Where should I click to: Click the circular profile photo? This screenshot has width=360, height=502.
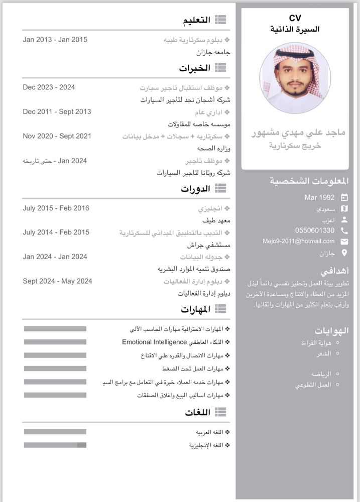(295, 78)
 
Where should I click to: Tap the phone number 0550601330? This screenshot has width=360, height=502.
(315, 230)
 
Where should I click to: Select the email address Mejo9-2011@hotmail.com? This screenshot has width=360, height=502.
(298, 241)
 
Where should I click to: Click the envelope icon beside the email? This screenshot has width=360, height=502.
(344, 241)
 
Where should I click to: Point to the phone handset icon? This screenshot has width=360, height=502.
(344, 230)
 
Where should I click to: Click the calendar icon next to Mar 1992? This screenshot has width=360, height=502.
(344, 197)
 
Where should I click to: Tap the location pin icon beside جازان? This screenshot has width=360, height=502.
(344, 253)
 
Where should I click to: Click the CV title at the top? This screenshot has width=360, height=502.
(295, 19)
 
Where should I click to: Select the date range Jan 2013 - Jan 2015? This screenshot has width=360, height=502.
(55, 40)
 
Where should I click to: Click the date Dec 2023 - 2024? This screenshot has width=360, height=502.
(49, 87)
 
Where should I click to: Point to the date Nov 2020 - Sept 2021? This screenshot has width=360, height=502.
(57, 136)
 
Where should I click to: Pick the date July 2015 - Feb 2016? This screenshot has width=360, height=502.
(56, 208)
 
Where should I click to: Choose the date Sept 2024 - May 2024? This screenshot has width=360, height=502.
(57, 281)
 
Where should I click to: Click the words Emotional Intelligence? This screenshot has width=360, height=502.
(154, 342)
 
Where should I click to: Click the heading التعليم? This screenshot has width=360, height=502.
(196, 20)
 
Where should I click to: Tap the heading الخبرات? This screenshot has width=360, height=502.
(195, 68)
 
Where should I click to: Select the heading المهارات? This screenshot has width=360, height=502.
(195, 310)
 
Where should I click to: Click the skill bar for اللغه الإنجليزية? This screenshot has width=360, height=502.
(55, 445)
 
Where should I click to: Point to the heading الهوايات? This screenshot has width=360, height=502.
(331, 331)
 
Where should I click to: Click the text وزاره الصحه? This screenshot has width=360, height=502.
(213, 148)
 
